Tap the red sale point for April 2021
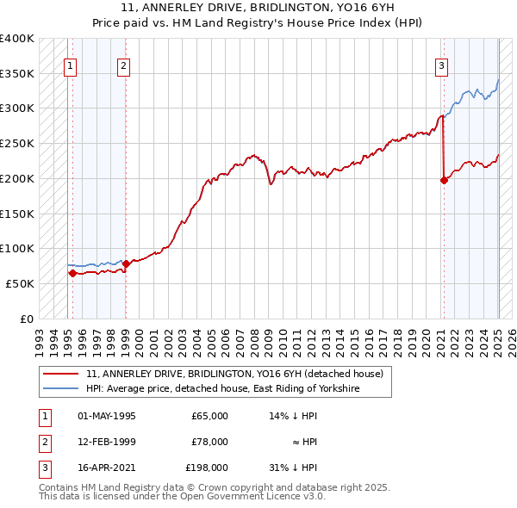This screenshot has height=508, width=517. coord(444,180)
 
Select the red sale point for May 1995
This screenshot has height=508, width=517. coord(72,273)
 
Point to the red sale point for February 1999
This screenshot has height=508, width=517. coord(126,263)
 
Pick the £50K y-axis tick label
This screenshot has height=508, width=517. coord(21,283)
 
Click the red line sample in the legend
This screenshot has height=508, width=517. coord(61,374)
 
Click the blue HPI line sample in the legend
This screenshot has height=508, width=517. coord(61,389)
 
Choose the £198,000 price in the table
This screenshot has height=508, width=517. coord(206,469)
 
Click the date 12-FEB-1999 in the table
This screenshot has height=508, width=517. coord(107,442)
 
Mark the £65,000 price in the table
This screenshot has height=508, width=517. coord(209,415)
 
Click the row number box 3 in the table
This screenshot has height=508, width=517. coord(42,469)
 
